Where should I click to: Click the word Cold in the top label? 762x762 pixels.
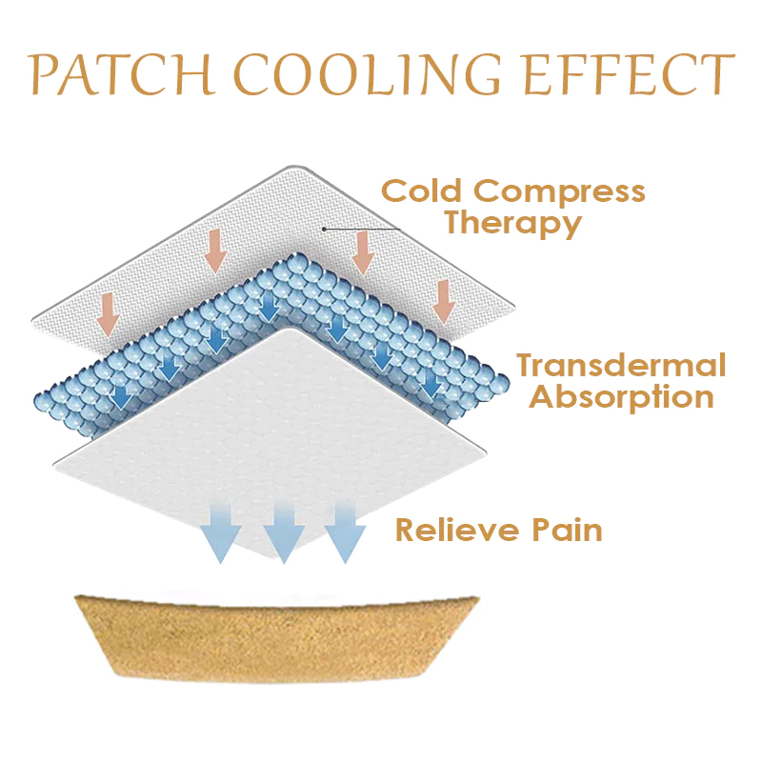click(423, 191)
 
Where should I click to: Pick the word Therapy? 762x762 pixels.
click(513, 225)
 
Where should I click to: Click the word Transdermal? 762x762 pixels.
click(621, 366)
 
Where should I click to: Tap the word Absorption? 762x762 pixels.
click(621, 396)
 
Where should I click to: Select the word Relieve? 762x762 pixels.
click(453, 530)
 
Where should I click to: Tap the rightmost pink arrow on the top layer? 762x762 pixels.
click(444, 301)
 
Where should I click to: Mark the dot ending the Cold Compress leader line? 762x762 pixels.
click(324, 229)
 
